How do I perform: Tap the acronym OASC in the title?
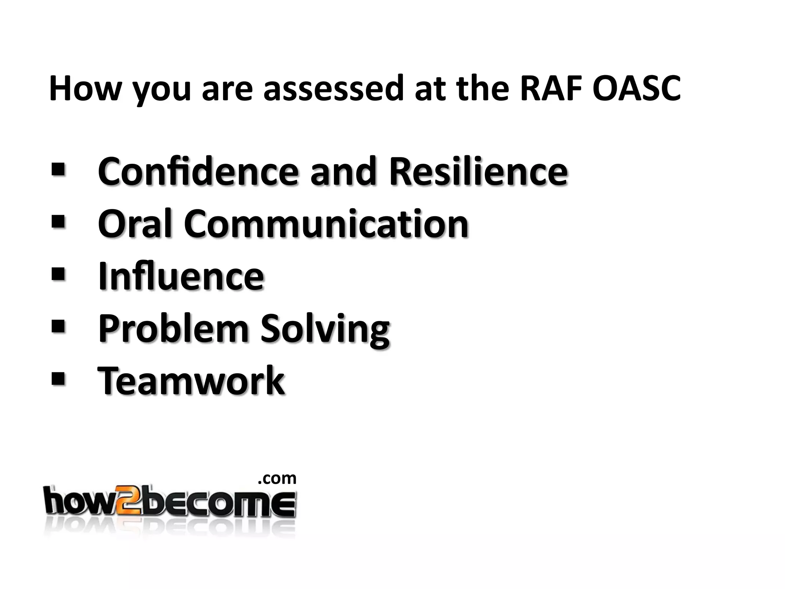point(636,89)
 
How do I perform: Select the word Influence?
point(181,276)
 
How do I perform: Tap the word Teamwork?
point(191,380)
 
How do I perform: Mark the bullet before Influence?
point(57,273)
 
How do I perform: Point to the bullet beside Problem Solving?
point(57,326)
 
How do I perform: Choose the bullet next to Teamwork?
point(57,378)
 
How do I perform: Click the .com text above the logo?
point(277,479)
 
